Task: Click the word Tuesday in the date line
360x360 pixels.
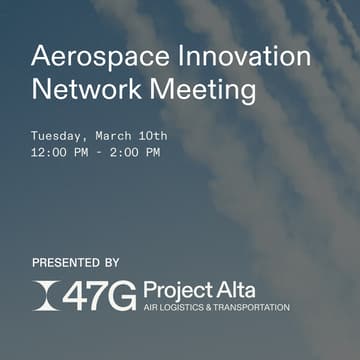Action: (59, 135)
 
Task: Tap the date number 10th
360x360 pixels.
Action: (153, 135)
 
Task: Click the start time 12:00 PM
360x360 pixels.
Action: (60, 152)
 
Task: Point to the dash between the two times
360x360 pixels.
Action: (97, 152)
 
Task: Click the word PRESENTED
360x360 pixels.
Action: (69, 263)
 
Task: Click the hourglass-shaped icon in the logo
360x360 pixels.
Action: (44, 295)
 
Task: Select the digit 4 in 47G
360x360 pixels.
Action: (76, 295)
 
